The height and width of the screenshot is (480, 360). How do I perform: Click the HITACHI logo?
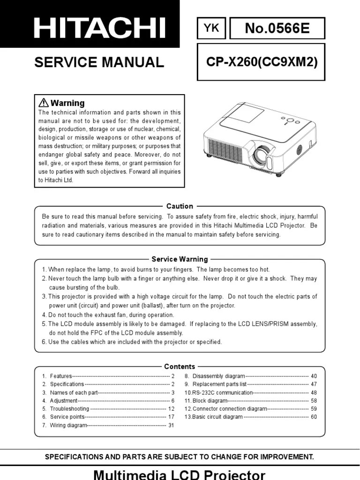click(99, 28)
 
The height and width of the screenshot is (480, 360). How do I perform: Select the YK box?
click(211, 29)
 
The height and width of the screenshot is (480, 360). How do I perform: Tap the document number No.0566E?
click(277, 29)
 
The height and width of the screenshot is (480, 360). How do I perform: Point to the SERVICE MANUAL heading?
click(99, 62)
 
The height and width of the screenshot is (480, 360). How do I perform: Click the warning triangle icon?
click(43, 103)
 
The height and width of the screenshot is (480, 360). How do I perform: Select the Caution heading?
click(180, 206)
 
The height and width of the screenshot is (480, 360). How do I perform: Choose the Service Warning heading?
click(180, 259)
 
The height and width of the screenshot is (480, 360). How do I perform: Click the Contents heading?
click(180, 367)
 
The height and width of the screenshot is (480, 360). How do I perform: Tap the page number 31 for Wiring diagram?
click(171, 425)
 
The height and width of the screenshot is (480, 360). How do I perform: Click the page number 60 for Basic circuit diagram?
click(314, 417)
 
